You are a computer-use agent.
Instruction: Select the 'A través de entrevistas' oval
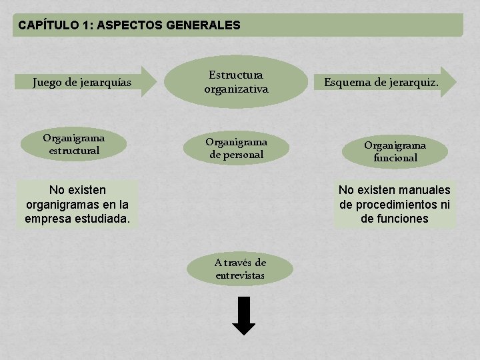coord(240,269)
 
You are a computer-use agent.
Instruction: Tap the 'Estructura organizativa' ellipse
coord(236,82)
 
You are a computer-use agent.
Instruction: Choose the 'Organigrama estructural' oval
coord(74,145)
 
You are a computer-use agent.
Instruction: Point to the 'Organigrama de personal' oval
coord(236,148)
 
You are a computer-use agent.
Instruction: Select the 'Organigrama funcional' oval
coord(395,151)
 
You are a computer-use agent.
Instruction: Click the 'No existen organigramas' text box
coord(77,204)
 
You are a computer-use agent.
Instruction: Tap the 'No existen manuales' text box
coord(395,204)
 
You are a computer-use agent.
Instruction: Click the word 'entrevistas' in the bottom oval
coord(240,275)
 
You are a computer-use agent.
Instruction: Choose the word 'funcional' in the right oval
coord(395,158)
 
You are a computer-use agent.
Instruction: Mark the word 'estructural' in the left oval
coord(74,151)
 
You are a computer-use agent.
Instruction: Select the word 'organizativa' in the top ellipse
coord(236,89)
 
